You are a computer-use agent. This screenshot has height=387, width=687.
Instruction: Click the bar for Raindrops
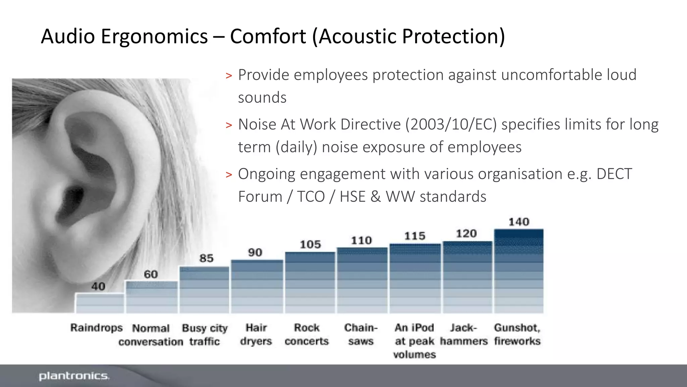pos(100,303)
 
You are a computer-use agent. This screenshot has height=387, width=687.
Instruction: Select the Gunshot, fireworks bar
pos(519,271)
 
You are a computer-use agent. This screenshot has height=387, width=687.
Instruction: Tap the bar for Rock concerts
pos(310,283)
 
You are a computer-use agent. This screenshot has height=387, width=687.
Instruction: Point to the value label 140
pos(519,222)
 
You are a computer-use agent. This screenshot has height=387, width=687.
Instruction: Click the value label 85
pos(206,258)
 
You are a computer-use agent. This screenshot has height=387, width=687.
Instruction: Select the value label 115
pos(415,236)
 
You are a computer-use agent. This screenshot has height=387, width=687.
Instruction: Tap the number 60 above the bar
pos(151,274)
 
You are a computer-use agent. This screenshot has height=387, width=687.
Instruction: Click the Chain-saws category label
pos(361,334)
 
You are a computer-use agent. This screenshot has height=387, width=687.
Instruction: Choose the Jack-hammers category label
pos(464,334)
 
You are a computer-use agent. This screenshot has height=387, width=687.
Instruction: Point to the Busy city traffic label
pos(205,335)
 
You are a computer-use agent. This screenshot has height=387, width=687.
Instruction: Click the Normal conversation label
pos(151,335)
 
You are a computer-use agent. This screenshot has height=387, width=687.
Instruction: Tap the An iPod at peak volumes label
pos(415,341)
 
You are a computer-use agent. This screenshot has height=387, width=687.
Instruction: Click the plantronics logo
pos(74,376)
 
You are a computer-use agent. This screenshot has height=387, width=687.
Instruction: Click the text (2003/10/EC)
pos(451,124)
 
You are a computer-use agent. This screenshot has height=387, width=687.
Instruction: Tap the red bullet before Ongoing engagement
pos(229,175)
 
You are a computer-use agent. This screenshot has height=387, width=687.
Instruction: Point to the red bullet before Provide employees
pos(229,76)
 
